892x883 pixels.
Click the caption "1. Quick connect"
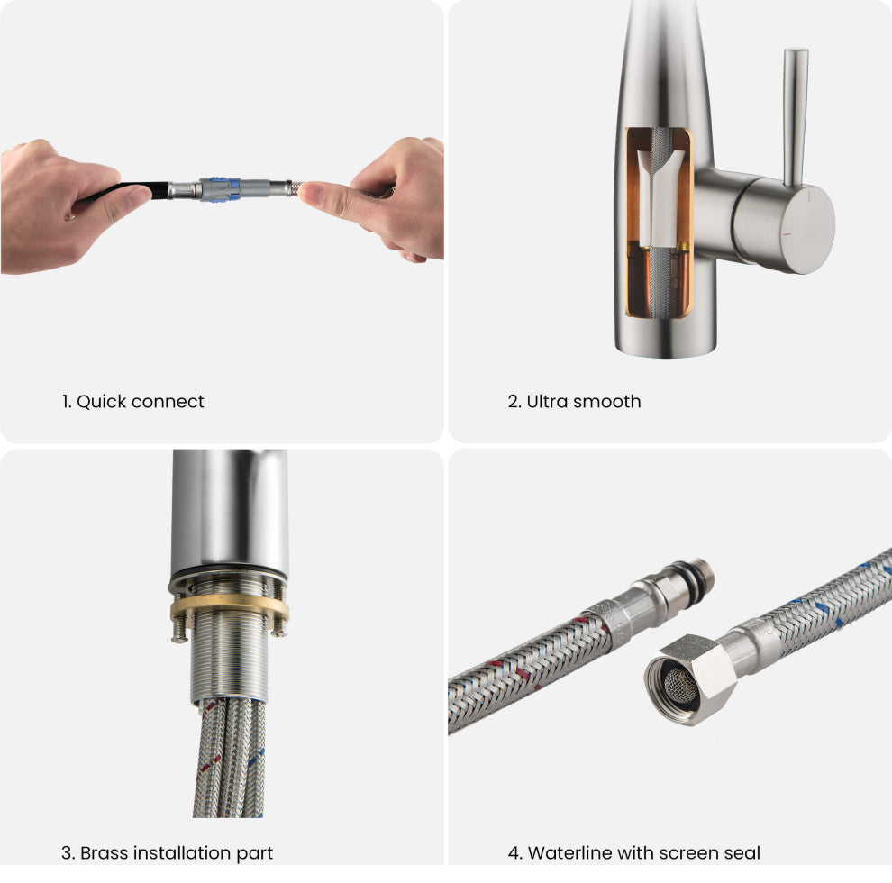pos(132,402)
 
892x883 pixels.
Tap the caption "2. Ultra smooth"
pos(574,402)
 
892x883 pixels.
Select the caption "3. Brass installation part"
pos(167,853)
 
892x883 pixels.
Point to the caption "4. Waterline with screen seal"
pos(633,853)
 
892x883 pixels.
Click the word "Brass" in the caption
pos(105,853)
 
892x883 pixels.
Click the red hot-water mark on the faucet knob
pos(787,234)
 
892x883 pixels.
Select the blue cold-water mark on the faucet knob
pos(808,196)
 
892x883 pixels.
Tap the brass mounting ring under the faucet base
pos(229,606)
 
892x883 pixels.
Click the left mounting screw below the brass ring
pos(180,631)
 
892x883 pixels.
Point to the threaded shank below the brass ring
pos(229,660)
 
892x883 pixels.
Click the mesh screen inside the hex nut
pos(678,683)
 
